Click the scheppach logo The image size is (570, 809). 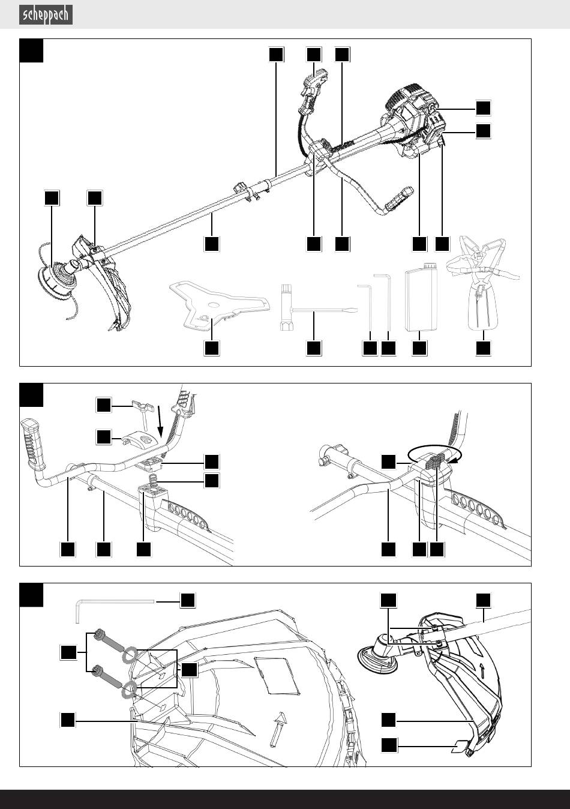tap(46, 15)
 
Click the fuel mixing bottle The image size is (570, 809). tap(421, 297)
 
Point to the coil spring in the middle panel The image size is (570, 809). tap(153, 480)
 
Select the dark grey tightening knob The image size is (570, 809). tap(436, 462)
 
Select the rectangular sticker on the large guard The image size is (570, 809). tap(277, 675)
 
